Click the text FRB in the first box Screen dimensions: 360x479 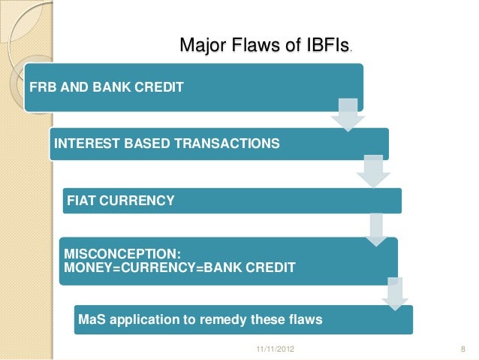pyautogui.click(x=43, y=87)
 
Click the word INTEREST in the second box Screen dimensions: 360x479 pyautogui.click(x=86, y=144)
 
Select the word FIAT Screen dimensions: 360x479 pyautogui.click(x=82, y=201)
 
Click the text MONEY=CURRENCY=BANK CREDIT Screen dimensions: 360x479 pyautogui.click(x=179, y=267)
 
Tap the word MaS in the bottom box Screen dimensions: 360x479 pyautogui.click(x=91, y=320)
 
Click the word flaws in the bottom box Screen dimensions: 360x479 pyautogui.click(x=303, y=320)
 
